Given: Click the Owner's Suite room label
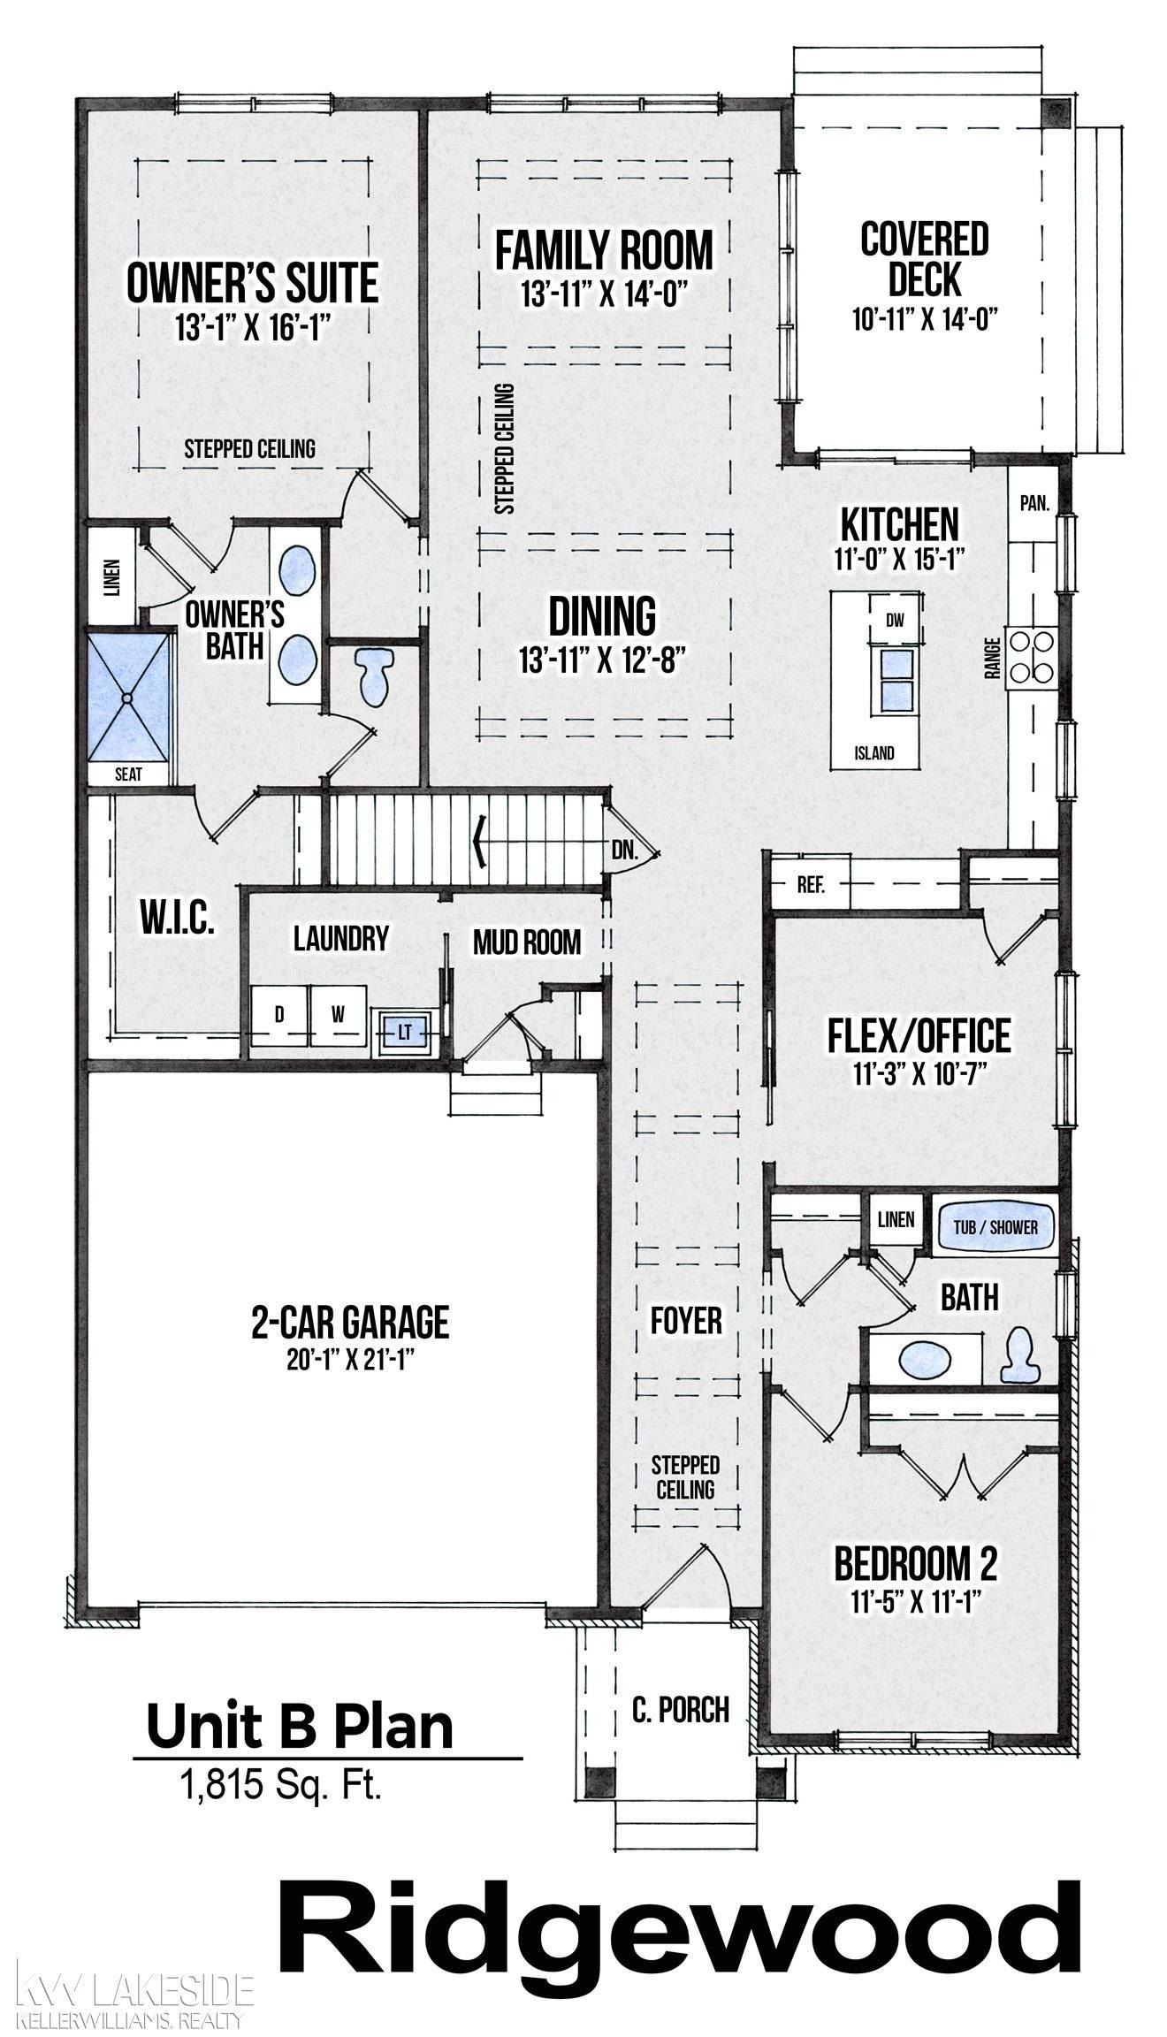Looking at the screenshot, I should (x=252, y=284).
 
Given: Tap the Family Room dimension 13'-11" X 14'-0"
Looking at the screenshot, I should (x=604, y=294).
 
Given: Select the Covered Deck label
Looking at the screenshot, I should (x=925, y=260).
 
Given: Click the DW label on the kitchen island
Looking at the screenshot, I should (x=896, y=621).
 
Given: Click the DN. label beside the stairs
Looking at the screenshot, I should (x=624, y=852).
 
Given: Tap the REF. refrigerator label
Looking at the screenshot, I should (x=810, y=886).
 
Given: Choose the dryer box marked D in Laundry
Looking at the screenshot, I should (x=278, y=1016).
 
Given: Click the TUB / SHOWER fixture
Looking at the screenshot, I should (x=995, y=1227).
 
